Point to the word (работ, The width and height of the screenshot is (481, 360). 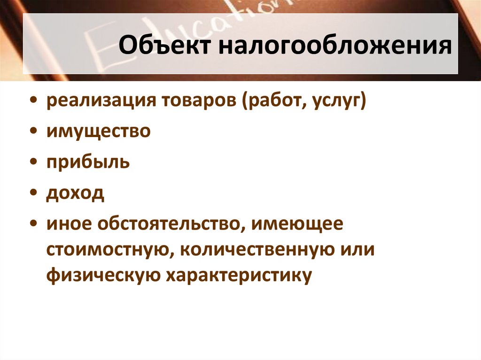(273, 101)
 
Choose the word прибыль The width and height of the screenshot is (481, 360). (88, 163)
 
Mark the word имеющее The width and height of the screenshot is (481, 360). (297, 224)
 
